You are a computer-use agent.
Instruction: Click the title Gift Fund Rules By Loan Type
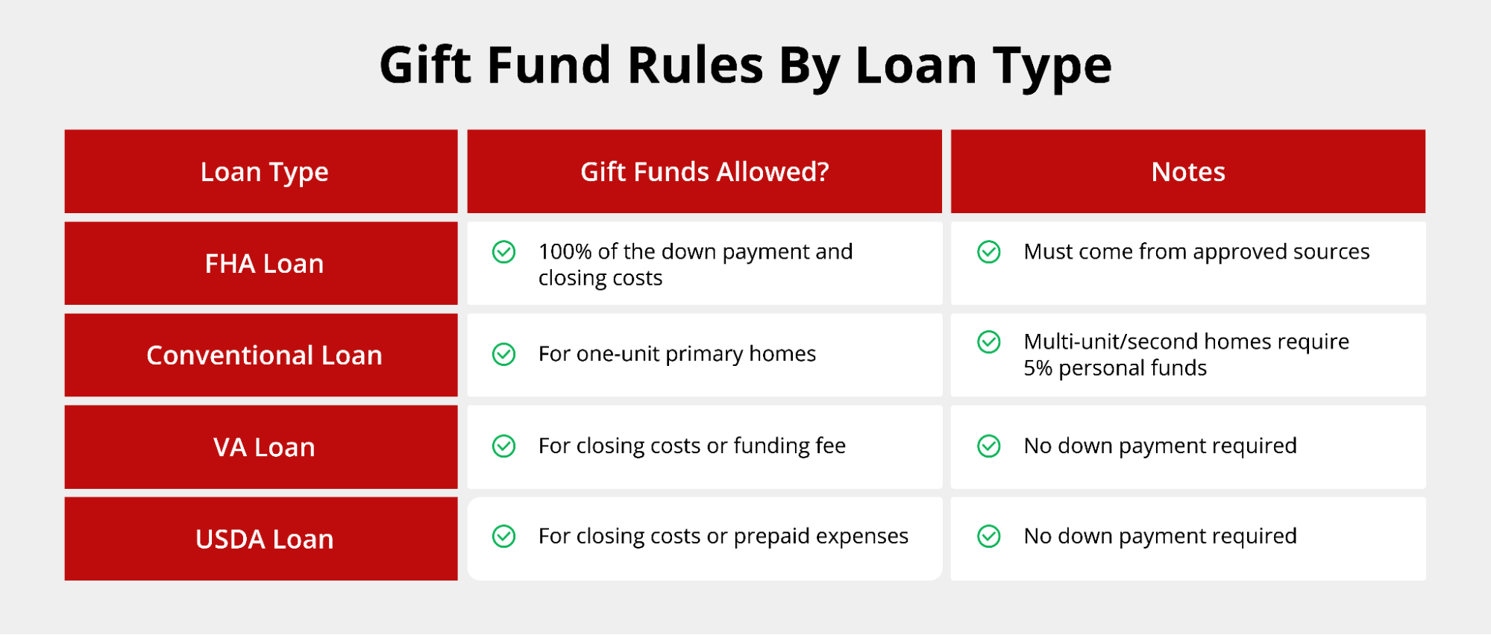pyautogui.click(x=745, y=66)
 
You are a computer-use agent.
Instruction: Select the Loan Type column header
pyautogui.click(x=264, y=172)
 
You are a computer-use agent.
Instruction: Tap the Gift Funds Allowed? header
pyautogui.click(x=704, y=172)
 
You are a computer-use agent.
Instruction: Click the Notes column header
pyautogui.click(x=1187, y=172)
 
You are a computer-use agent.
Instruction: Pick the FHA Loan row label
pyautogui.click(x=264, y=264)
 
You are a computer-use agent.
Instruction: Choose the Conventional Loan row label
pyautogui.click(x=264, y=356)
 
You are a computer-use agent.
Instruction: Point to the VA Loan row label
pyautogui.click(x=264, y=447)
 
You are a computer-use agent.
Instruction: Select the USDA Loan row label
pyautogui.click(x=264, y=539)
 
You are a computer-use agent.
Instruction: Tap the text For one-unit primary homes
pyautogui.click(x=677, y=354)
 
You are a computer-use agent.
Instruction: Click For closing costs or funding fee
pyautogui.click(x=691, y=446)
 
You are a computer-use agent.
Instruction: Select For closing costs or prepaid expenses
pyautogui.click(x=723, y=537)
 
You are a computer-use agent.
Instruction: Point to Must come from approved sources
pyautogui.click(x=1196, y=252)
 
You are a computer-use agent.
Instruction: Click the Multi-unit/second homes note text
pyautogui.click(x=1186, y=355)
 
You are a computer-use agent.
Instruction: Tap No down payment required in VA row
pyautogui.click(x=1160, y=446)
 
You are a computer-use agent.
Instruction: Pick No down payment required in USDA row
pyautogui.click(x=1160, y=537)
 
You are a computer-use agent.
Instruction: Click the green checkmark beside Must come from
pyautogui.click(x=988, y=252)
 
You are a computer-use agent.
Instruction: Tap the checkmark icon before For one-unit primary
pyautogui.click(x=503, y=354)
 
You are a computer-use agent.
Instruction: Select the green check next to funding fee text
pyautogui.click(x=503, y=446)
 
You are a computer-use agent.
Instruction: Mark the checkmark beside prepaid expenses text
pyautogui.click(x=503, y=536)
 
